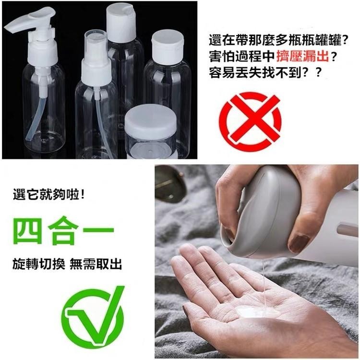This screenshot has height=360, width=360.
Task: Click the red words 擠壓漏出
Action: click(x=303, y=56)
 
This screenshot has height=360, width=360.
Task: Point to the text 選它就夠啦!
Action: click(x=49, y=195)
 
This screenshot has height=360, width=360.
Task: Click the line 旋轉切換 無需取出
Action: click(x=67, y=264)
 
